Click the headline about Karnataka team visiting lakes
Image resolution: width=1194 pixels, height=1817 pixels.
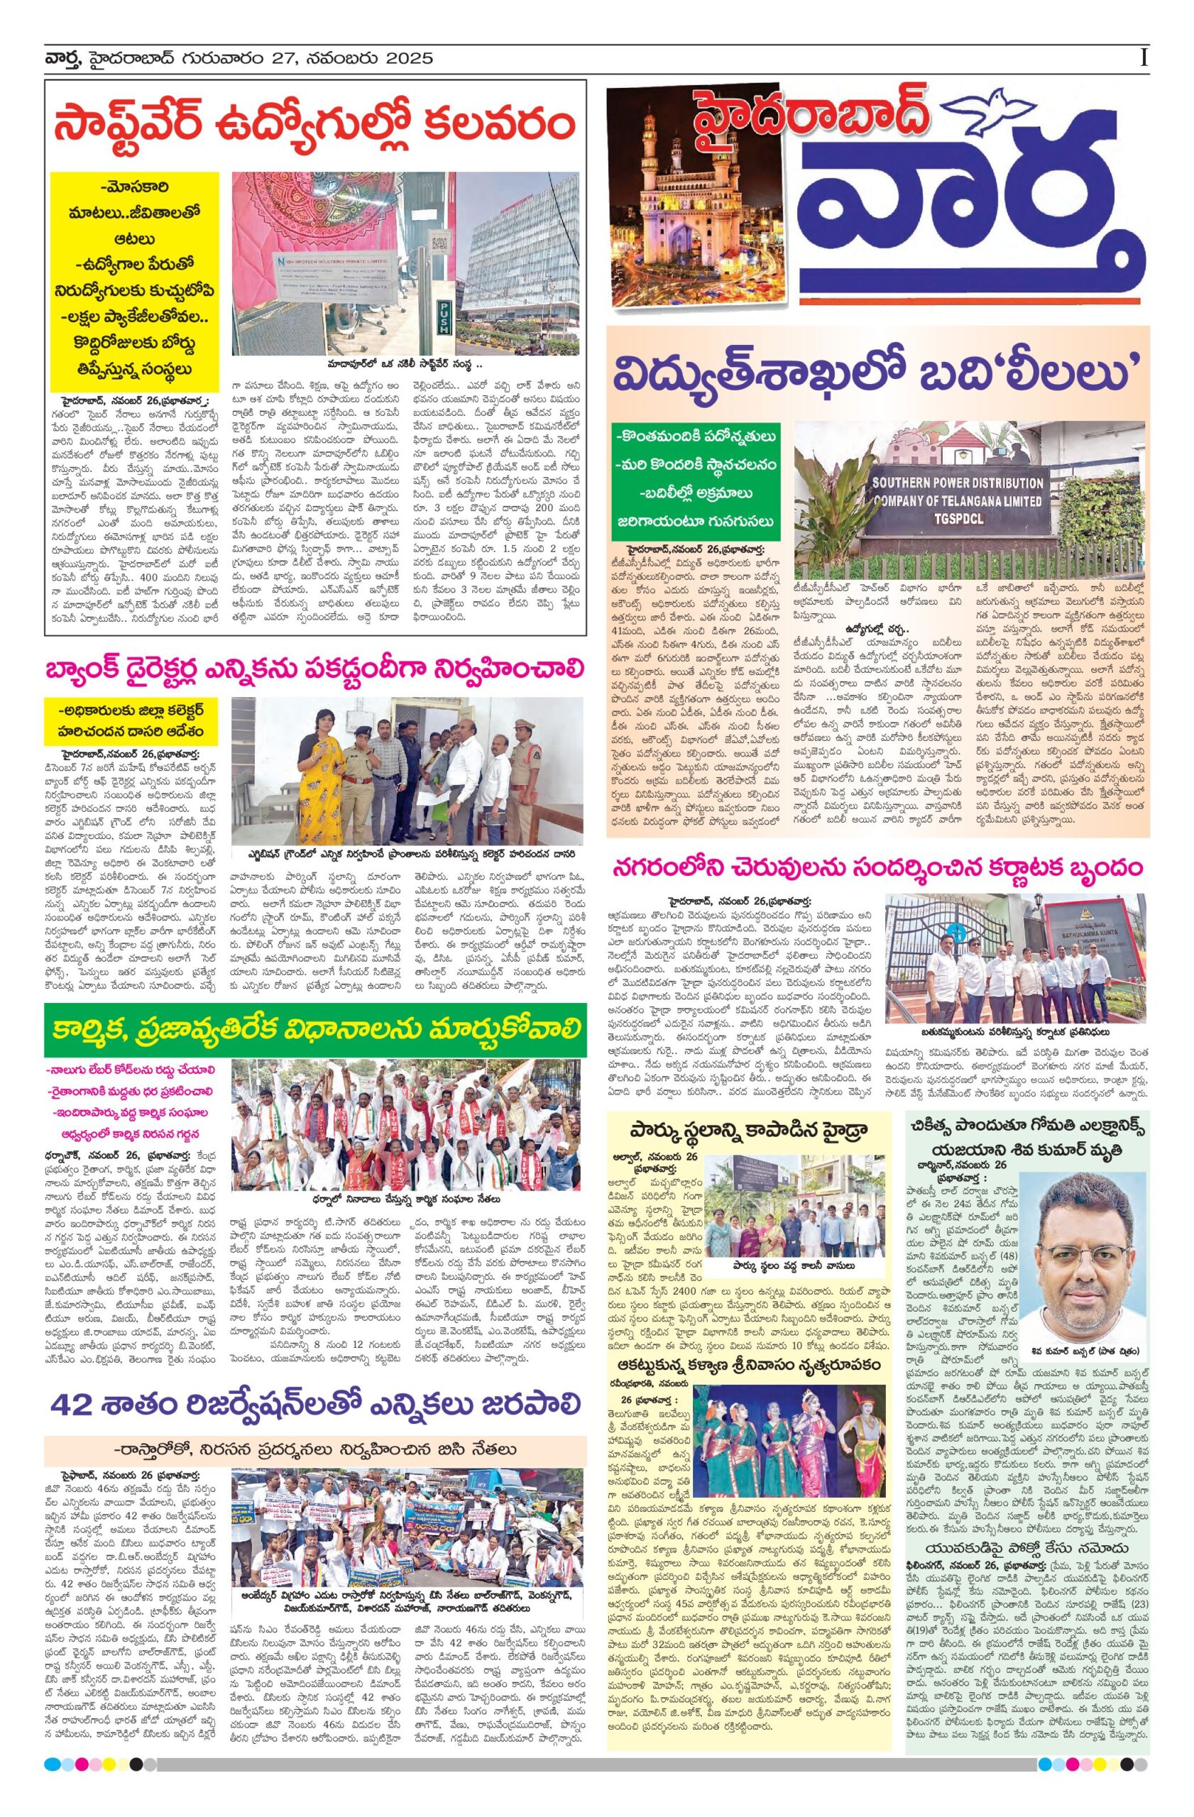click(878, 867)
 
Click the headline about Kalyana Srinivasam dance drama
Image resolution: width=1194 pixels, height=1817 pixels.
click(747, 1364)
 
